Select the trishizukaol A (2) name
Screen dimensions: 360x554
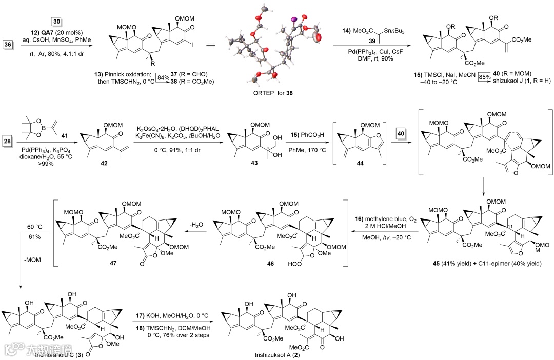[x=276, y=354]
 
